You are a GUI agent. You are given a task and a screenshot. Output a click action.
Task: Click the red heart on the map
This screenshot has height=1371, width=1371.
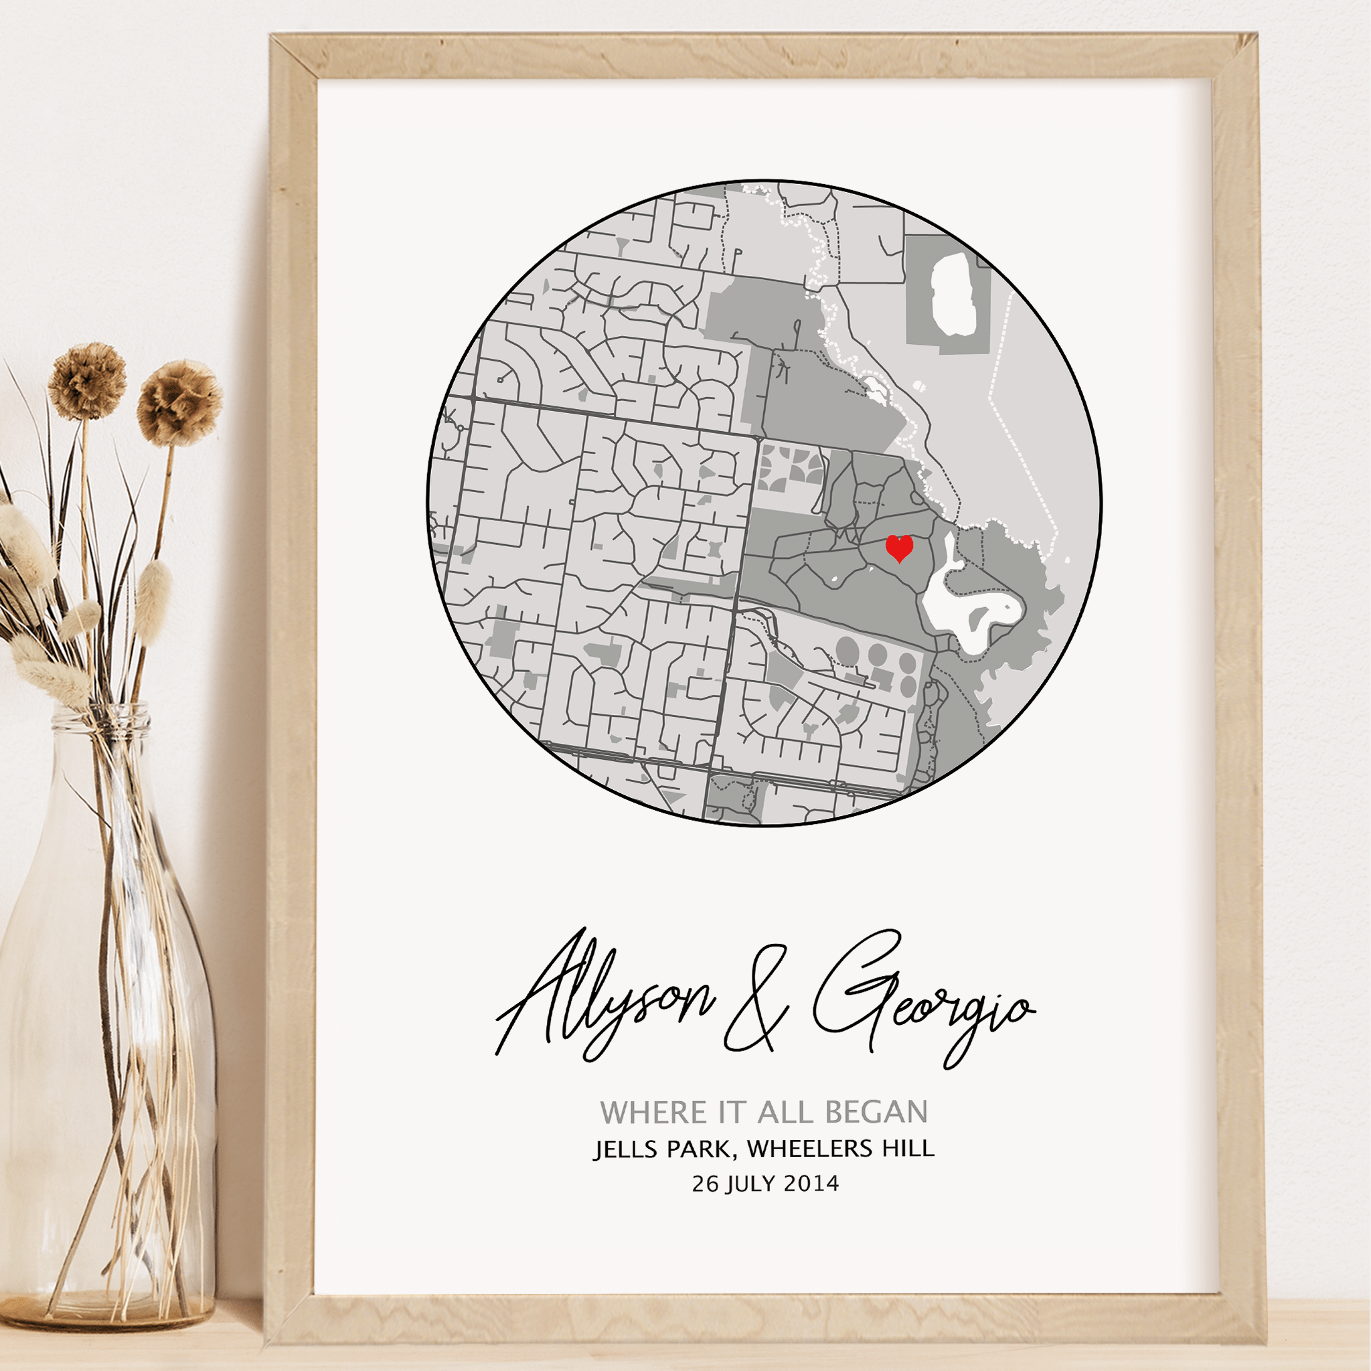[x=899, y=548]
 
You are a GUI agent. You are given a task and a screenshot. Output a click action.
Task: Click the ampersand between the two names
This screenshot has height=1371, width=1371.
[x=756, y=1001]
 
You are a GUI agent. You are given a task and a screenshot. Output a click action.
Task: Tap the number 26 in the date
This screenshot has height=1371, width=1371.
[x=706, y=1184]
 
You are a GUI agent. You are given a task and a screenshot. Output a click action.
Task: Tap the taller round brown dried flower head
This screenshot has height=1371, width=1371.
[x=87, y=381]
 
